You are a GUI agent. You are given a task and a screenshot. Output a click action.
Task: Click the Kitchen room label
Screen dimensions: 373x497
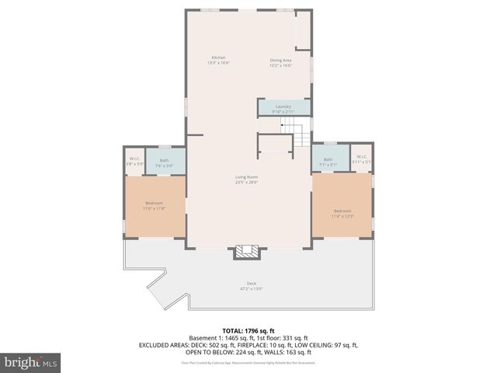click(x=218, y=58)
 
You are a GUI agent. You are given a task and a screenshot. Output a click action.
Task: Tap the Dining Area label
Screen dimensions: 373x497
click(x=280, y=60)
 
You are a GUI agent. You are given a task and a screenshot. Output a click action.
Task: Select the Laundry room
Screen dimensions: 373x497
click(x=283, y=109)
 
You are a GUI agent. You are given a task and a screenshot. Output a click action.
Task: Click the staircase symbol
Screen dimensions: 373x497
click(x=292, y=134)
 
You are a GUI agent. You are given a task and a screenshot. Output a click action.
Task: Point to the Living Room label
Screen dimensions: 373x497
click(x=246, y=177)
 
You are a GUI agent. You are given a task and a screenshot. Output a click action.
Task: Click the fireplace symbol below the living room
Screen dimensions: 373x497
click(x=247, y=251)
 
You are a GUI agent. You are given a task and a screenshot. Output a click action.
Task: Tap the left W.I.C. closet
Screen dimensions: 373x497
click(x=135, y=161)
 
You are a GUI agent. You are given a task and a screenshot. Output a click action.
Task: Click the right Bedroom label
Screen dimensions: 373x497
click(x=342, y=211)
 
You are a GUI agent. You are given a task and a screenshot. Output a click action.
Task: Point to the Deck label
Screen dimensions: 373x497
click(x=251, y=283)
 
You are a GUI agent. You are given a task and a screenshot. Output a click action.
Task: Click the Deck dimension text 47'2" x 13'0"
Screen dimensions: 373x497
click(x=251, y=288)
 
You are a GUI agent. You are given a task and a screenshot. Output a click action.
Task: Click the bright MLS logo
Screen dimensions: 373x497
click(x=31, y=362)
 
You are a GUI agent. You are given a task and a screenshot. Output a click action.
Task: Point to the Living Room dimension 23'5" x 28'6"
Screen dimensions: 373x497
click(x=246, y=183)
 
